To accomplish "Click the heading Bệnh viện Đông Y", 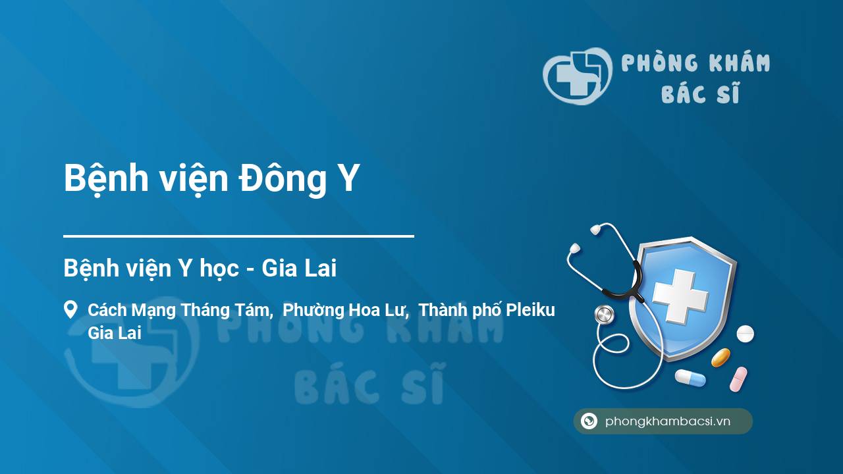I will [211, 179].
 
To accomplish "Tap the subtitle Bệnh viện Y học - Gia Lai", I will [200, 269].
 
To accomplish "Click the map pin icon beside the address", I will [70, 310].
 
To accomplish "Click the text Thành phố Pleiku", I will [487, 310].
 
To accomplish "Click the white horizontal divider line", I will [238, 236].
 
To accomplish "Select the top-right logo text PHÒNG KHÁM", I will [696, 64].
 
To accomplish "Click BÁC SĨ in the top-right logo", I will [700, 94].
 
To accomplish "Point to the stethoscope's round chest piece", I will [604, 315].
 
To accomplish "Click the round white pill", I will [745, 334].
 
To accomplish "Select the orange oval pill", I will [721, 357].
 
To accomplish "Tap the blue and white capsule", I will [690, 378].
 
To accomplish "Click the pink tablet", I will [738, 379].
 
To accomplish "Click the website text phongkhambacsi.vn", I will [668, 422].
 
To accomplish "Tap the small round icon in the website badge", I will [589, 421].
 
